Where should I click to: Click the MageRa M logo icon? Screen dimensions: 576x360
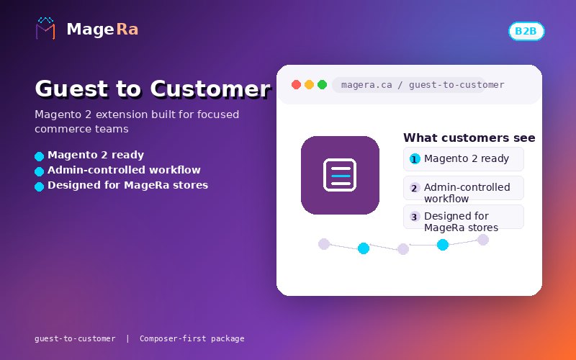[x=45, y=28]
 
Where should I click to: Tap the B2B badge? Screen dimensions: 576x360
[x=526, y=31]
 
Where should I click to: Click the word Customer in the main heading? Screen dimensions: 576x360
[x=210, y=89]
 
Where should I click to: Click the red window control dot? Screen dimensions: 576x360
[x=296, y=85]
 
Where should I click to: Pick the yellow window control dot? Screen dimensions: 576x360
[x=310, y=85]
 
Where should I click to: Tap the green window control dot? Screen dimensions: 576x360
[x=322, y=85]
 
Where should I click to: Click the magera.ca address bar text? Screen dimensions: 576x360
[x=423, y=85]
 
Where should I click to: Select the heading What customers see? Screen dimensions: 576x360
[x=469, y=138]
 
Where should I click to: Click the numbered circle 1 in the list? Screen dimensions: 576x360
[x=415, y=159]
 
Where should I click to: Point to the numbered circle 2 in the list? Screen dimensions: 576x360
[x=415, y=188]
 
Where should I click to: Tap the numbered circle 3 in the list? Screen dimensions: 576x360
[x=415, y=217]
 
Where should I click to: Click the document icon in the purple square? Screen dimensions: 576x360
[x=340, y=175]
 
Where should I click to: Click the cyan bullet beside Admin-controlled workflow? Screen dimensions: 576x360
[x=40, y=171]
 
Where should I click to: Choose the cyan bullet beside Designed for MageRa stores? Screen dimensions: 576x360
[x=40, y=186]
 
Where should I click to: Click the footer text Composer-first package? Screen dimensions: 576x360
[x=192, y=338]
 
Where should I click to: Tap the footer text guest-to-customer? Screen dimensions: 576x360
[x=75, y=338]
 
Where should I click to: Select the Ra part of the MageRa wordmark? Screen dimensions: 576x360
[x=127, y=30]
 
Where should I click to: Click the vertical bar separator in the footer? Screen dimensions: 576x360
[x=127, y=338]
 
